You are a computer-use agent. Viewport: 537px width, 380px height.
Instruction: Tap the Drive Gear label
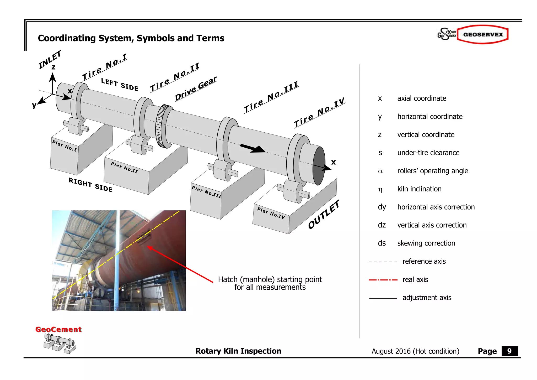click(x=196, y=88)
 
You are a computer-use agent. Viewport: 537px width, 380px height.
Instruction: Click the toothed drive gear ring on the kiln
click(x=163, y=126)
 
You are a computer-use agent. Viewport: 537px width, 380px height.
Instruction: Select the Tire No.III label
click(x=271, y=97)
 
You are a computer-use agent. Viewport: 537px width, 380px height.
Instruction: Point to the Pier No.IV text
click(x=271, y=213)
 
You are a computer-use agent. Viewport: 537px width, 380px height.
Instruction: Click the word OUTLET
click(x=324, y=214)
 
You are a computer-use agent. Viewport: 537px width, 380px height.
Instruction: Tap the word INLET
click(x=50, y=60)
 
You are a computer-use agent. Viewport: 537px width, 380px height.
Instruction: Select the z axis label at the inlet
click(x=53, y=67)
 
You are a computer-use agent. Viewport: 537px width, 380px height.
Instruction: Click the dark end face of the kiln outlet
click(x=319, y=166)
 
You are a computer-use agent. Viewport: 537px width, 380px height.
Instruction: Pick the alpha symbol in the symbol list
click(x=380, y=171)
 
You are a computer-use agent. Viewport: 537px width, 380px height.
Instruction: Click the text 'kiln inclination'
click(x=419, y=189)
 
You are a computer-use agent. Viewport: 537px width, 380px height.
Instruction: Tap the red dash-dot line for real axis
click(x=383, y=280)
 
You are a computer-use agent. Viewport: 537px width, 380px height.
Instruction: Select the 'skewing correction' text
click(x=426, y=243)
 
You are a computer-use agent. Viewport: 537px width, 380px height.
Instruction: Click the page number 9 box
click(x=509, y=351)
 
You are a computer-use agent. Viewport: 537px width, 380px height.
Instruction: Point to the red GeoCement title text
click(x=58, y=329)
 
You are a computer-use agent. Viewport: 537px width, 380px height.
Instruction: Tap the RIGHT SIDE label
click(x=90, y=185)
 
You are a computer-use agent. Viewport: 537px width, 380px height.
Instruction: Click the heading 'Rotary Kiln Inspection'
click(x=238, y=351)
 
